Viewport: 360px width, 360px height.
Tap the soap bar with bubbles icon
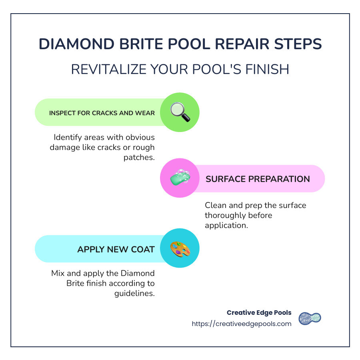click(x=180, y=178)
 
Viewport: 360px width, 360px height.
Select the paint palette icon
click(x=180, y=249)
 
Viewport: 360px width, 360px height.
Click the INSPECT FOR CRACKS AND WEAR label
click(x=102, y=113)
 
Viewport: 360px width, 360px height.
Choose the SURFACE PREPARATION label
click(x=258, y=179)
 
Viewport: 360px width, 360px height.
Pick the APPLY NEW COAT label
click(x=116, y=249)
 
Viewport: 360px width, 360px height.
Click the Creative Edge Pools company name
click(x=259, y=312)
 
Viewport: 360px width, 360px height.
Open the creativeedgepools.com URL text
click(x=242, y=324)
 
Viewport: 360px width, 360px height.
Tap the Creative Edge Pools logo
click(x=310, y=318)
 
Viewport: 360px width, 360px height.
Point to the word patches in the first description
click(x=139, y=157)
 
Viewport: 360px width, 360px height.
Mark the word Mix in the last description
click(x=58, y=274)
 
